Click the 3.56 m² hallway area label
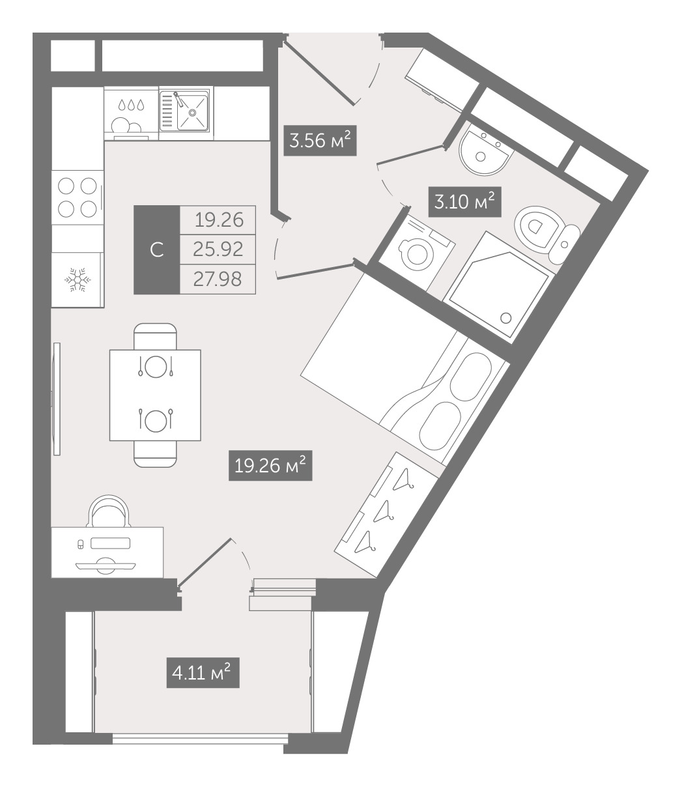[x=320, y=141]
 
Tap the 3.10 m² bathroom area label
[x=464, y=202]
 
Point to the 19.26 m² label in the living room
[x=270, y=465]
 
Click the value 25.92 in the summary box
[x=218, y=250]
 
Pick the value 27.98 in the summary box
[x=218, y=279]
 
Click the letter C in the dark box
[x=157, y=250]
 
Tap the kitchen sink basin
[x=193, y=112]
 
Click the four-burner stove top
[x=78, y=197]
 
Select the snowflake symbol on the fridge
[x=78, y=280]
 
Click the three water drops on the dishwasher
[x=132, y=105]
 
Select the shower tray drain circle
[x=506, y=318]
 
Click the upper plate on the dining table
[x=156, y=366]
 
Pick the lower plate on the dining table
[x=156, y=420]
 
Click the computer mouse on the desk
[x=80, y=545]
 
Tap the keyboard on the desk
[x=111, y=543]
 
